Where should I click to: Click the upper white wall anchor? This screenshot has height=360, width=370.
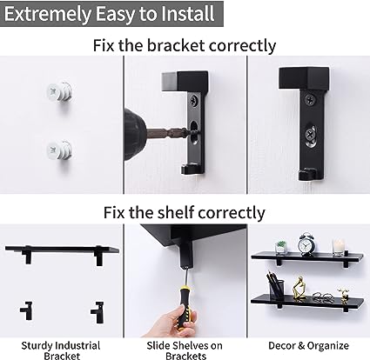point(59,92)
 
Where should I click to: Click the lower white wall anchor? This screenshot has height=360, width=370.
point(59,150)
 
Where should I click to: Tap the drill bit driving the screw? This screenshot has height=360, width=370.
point(168,133)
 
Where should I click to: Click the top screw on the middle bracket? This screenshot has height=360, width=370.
point(193,101)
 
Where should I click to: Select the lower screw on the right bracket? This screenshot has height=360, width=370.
point(311,135)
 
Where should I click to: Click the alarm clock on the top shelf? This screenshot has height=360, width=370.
point(307,244)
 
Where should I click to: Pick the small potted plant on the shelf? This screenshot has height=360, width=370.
point(280,247)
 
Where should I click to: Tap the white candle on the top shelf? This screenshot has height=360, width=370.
point(338,247)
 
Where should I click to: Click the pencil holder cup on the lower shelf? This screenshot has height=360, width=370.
point(275,290)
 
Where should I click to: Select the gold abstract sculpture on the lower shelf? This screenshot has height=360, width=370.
point(299,288)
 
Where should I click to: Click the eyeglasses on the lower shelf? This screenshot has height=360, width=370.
point(323,297)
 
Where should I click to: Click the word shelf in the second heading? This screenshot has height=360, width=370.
point(176,212)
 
